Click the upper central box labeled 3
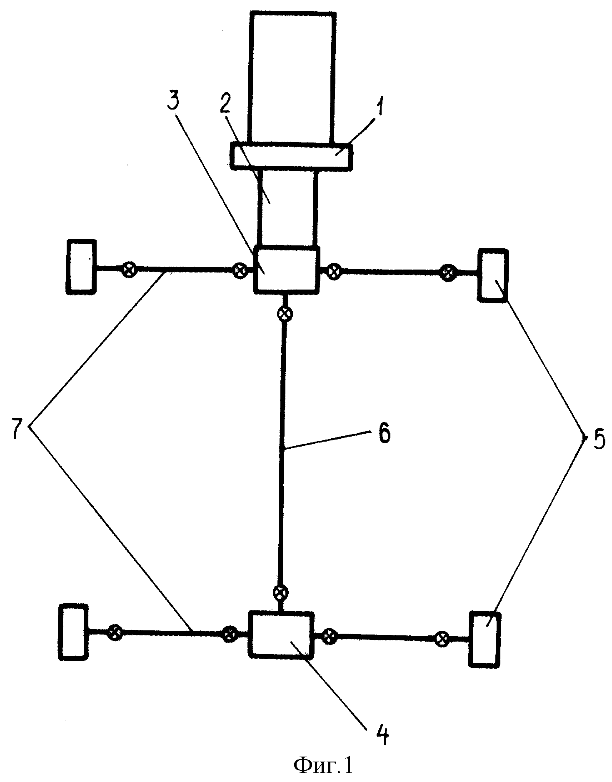[287, 270]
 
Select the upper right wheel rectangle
[493, 275]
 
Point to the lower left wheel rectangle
[74, 631]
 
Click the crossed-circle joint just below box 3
[285, 313]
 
